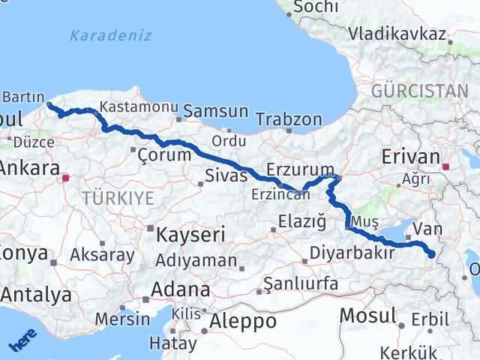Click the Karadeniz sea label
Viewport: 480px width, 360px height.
pos(110,35)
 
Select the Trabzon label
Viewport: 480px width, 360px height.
pos(289,119)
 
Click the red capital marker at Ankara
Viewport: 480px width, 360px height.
pos(66,178)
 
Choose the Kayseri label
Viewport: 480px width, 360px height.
pos(190,235)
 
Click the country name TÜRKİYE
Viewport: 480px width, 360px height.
pos(118,198)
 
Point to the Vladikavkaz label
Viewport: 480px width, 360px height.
pos(397,34)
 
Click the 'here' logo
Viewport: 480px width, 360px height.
pos(22,340)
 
